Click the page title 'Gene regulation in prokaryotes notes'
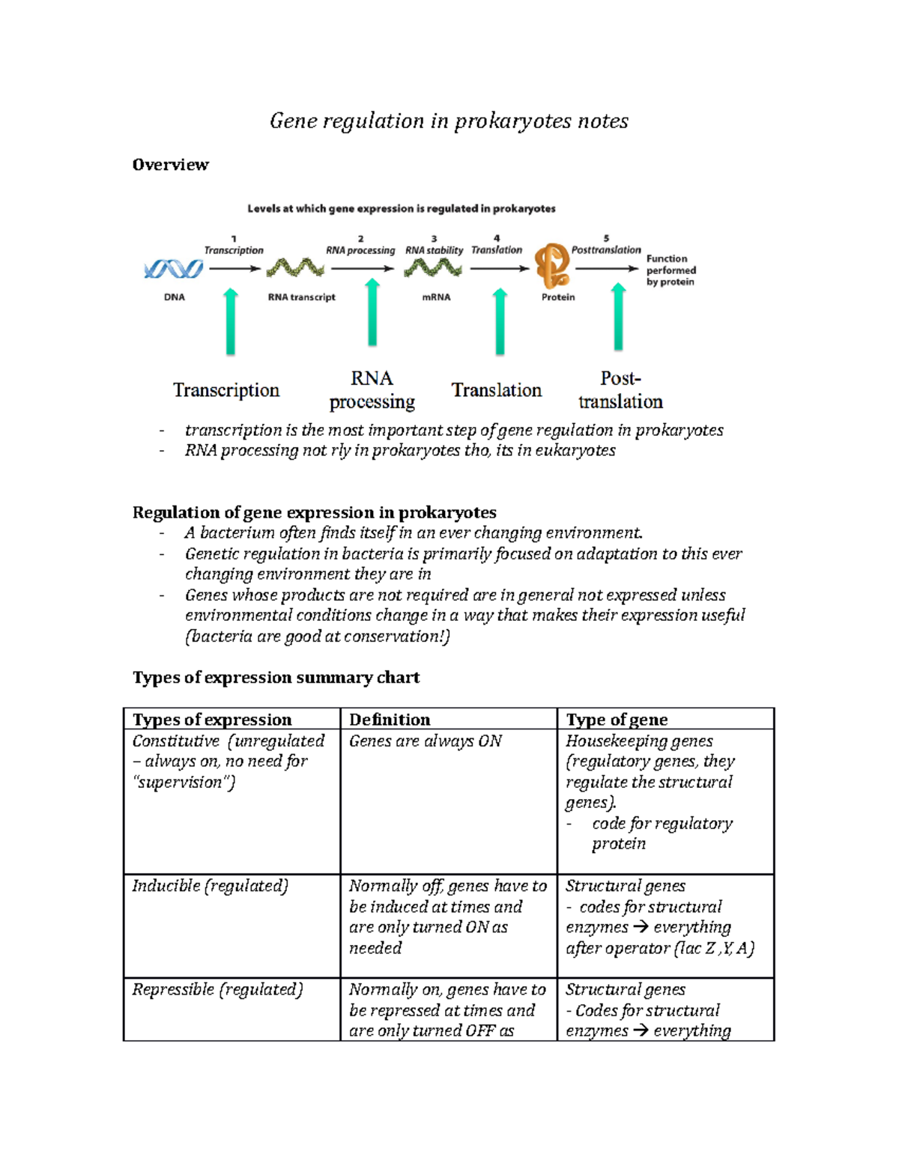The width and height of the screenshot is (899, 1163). tap(449, 121)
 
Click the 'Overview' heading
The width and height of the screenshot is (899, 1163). tap(170, 165)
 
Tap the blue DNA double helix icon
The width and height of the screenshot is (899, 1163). tap(174, 269)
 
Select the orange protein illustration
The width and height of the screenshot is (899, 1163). tap(552, 266)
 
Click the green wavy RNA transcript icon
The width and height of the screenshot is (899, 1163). tap(295, 267)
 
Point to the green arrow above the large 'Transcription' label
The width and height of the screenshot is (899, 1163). tap(231, 322)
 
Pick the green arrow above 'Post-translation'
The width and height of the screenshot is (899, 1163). tap(618, 318)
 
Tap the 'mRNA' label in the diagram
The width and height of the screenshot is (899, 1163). tap(436, 297)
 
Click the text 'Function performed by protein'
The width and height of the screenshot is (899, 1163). tap(671, 270)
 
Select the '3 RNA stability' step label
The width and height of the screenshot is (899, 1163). tap(434, 246)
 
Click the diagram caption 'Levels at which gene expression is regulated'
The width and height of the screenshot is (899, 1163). tap(402, 209)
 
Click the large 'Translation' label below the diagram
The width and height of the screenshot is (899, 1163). tap(496, 390)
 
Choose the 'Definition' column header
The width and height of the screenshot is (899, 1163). tap(390, 720)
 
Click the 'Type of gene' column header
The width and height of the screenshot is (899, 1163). tap(617, 720)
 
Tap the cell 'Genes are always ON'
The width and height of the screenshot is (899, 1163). tap(425, 741)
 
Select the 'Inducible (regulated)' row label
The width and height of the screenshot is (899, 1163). tap(210, 886)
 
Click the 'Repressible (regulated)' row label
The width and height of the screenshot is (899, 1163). tap(217, 989)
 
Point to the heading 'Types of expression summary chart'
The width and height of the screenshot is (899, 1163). tap(276, 678)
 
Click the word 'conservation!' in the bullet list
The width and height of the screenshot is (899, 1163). tap(402, 637)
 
